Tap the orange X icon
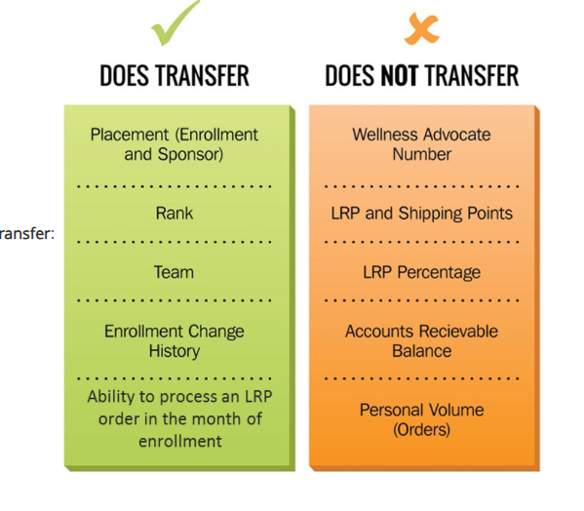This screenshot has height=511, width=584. click(x=422, y=28)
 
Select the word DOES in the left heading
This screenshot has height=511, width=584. click(x=124, y=76)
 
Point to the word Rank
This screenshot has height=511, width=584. click(x=175, y=214)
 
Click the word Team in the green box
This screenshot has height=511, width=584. click(x=174, y=272)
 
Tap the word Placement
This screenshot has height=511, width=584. click(x=130, y=135)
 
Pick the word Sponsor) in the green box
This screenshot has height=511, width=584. click(x=190, y=154)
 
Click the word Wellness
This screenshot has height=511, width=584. click(x=385, y=135)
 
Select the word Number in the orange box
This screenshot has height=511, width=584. click(x=422, y=154)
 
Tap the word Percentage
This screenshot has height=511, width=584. click(x=439, y=273)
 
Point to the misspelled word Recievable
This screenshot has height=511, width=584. click(x=459, y=332)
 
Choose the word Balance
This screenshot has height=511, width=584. click(x=422, y=351)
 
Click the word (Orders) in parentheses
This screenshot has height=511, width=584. click(x=421, y=430)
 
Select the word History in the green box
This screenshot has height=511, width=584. click(x=175, y=351)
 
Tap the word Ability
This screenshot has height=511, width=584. click(x=111, y=397)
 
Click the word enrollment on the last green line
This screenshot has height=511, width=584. click(x=180, y=442)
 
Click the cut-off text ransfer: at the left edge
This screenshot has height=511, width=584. click(x=27, y=233)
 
